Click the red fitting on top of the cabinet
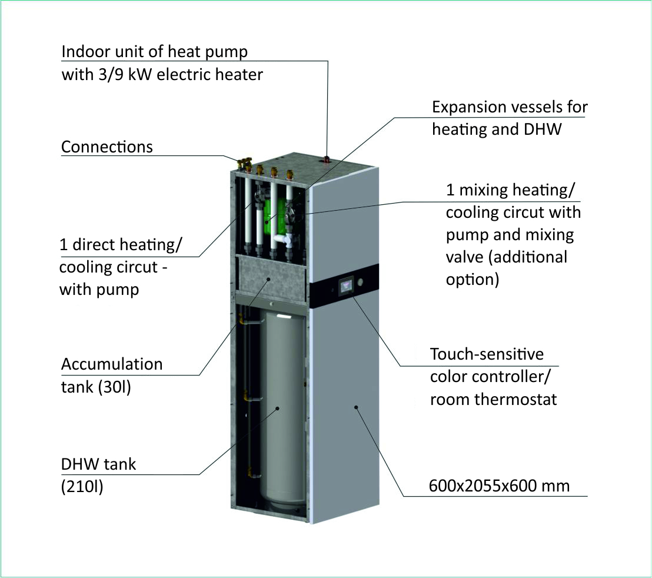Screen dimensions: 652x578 (x=327, y=158)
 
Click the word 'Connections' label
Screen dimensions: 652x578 (x=107, y=147)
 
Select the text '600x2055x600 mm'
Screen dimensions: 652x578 (x=499, y=486)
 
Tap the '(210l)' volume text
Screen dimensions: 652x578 (x=82, y=487)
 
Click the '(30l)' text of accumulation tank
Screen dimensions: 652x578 (x=114, y=387)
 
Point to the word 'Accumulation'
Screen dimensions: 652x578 (x=112, y=364)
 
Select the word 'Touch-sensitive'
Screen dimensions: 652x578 (x=487, y=354)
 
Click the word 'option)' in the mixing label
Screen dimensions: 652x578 (x=473, y=280)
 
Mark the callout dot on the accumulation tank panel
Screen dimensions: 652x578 (x=268, y=279)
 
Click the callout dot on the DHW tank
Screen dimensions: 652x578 (x=277, y=408)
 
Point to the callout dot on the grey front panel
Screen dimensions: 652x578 (x=356, y=407)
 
